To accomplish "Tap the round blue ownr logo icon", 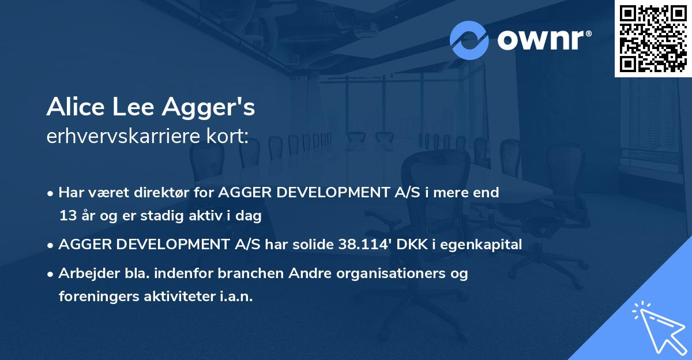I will tap(469, 40).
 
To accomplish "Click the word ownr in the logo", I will tap(540, 40).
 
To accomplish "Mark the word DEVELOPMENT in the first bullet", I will tap(327, 193).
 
